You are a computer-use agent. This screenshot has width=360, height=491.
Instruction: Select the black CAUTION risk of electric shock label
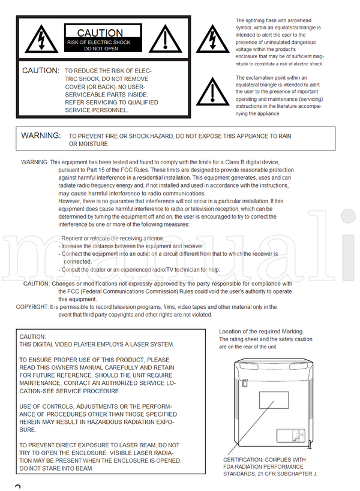point(101,39)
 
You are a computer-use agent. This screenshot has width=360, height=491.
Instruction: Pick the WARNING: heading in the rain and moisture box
point(41,135)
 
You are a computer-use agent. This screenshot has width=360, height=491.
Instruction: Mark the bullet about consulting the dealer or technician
point(139,269)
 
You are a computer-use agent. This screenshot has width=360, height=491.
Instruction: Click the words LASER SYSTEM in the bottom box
point(153,344)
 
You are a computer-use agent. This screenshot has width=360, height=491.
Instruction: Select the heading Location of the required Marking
point(260,332)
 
